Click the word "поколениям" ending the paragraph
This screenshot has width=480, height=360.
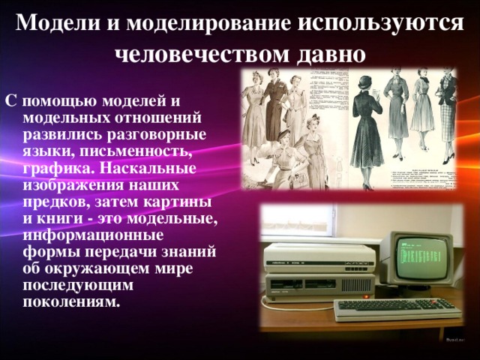(x=71, y=301)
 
